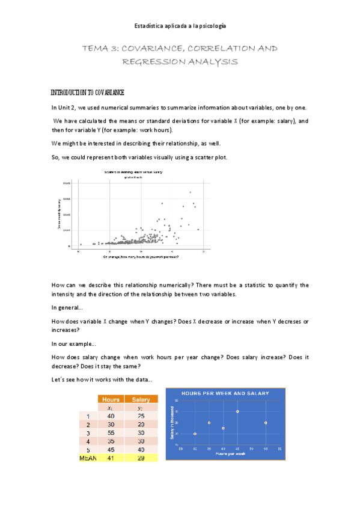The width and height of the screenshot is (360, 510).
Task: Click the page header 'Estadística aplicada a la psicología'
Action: click(x=180, y=25)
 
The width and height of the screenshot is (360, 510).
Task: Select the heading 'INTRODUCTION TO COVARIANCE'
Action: click(x=87, y=93)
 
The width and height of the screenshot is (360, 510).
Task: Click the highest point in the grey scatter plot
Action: click(x=191, y=192)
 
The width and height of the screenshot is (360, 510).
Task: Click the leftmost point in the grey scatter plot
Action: click(x=81, y=244)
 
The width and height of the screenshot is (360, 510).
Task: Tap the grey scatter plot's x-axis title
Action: click(x=141, y=257)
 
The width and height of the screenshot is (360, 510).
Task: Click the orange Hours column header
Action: click(x=111, y=399)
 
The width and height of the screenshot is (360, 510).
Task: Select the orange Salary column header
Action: click(x=141, y=399)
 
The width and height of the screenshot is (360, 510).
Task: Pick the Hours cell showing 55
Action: click(x=111, y=432)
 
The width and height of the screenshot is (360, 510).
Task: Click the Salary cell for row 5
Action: click(x=141, y=449)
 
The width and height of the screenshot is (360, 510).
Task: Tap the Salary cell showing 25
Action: click(x=141, y=416)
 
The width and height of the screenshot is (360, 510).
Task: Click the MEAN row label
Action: click(x=88, y=458)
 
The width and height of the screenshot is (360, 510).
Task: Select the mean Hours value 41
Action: click(x=111, y=458)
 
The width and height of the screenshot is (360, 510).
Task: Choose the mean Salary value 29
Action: click(x=141, y=458)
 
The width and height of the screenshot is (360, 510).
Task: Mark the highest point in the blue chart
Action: click(x=237, y=411)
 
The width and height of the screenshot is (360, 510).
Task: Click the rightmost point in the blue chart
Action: click(x=266, y=423)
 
